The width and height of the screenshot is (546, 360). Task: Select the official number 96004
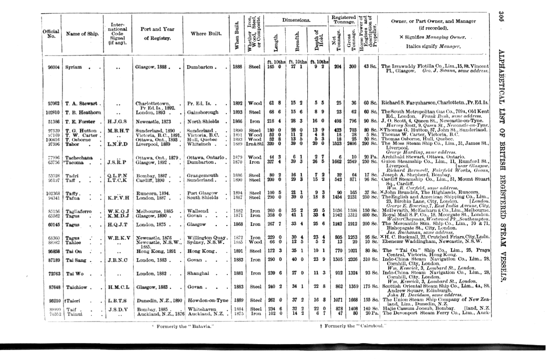coord(54,66)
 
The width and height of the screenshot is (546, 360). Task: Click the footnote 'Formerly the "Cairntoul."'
coord(351,326)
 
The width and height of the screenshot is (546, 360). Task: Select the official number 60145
coord(54,225)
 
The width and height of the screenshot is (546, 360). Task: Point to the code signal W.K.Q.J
coord(115,210)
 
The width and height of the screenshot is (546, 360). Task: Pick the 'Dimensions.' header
coord(296,20)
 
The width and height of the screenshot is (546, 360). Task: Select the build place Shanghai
coord(198,273)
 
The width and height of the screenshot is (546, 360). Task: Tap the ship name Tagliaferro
coord(80,210)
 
